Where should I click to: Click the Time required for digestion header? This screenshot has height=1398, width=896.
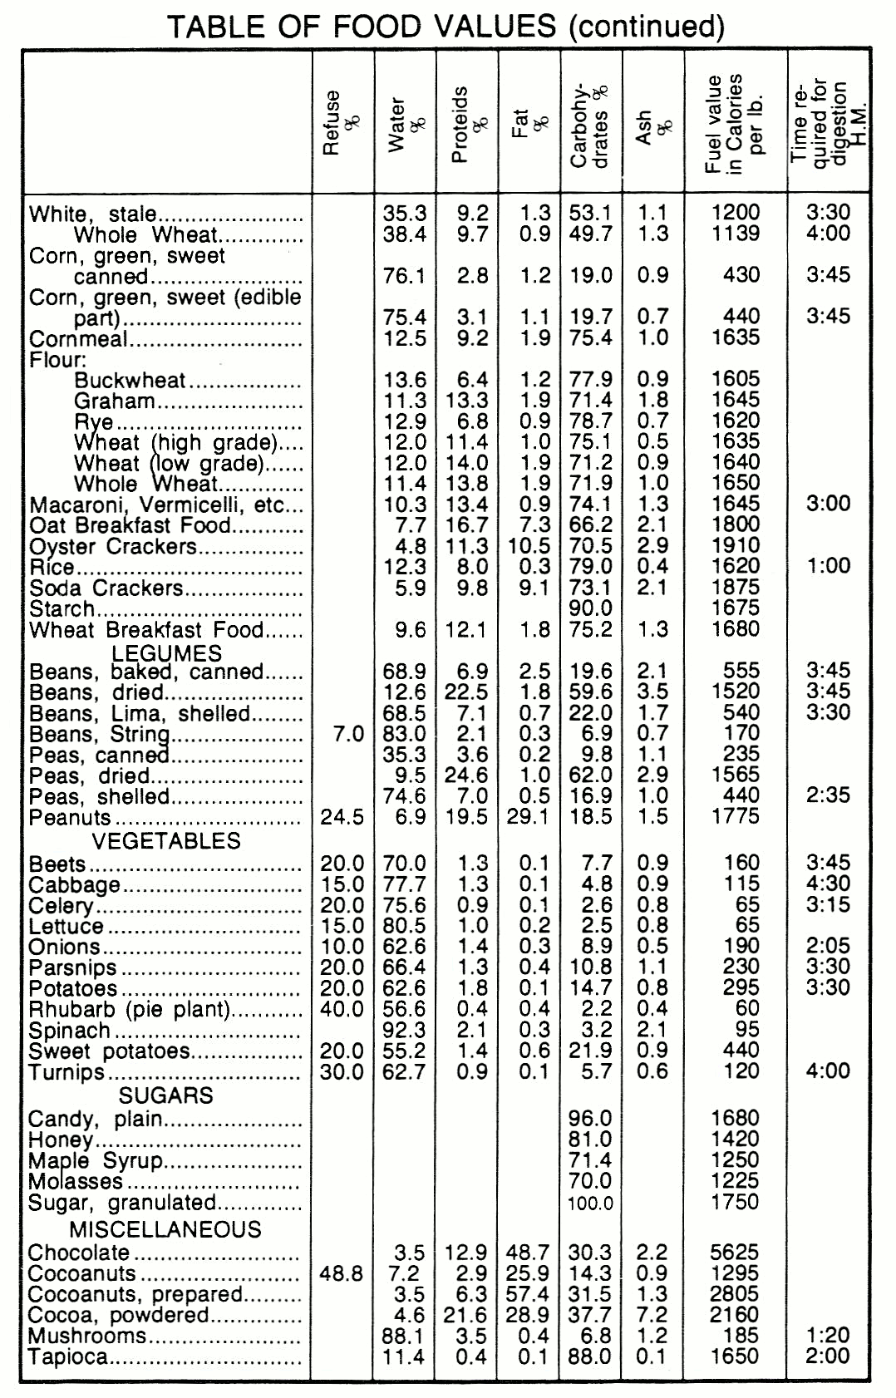click(x=828, y=122)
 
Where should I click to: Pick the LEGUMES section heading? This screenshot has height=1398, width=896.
click(x=167, y=653)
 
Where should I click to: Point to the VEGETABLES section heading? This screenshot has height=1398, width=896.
click(x=166, y=841)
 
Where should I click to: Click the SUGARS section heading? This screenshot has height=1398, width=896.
click(x=166, y=1095)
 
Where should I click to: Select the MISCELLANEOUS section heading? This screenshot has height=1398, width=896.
click(x=165, y=1229)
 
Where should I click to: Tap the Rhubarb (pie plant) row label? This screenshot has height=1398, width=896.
click(x=129, y=1009)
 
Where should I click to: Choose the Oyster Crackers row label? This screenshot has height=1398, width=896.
click(x=113, y=547)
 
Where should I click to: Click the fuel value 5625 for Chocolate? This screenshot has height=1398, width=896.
click(x=735, y=1253)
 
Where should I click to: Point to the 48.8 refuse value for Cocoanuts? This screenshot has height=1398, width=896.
click(x=342, y=1273)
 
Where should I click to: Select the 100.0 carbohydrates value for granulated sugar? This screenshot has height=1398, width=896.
click(x=590, y=1204)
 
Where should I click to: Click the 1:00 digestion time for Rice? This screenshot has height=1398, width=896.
click(x=828, y=566)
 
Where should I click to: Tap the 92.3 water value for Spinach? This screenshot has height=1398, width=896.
click(x=404, y=1030)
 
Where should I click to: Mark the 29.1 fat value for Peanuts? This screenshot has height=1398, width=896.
click(x=529, y=817)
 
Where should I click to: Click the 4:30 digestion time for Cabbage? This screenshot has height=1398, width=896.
click(x=828, y=884)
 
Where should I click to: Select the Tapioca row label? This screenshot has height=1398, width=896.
click(x=68, y=1357)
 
